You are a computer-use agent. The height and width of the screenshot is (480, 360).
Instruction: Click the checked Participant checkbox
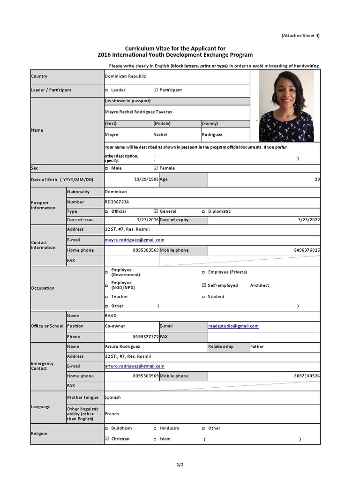[x=156, y=90]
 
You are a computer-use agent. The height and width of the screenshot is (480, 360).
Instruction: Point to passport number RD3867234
[x=117, y=202]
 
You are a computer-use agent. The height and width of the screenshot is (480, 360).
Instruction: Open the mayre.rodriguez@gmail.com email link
[x=135, y=240]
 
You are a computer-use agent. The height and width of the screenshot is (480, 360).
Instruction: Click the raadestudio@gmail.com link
[x=233, y=326]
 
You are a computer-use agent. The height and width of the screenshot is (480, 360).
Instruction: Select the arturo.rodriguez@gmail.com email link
[x=135, y=366]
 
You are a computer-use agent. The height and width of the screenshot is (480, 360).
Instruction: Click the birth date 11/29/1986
[x=146, y=180]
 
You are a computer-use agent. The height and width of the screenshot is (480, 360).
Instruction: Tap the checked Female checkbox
[x=156, y=168]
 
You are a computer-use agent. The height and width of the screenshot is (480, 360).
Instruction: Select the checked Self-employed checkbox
[x=203, y=285]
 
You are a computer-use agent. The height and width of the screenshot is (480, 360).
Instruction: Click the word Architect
[x=259, y=285]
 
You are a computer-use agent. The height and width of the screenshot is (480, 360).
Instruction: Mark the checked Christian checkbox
[x=107, y=439]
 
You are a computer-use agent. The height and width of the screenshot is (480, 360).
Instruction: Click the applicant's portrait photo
[x=286, y=106]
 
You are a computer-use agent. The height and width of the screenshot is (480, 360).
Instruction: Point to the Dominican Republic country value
[x=125, y=76]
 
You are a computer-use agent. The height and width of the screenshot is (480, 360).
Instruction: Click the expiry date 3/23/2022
[x=309, y=220]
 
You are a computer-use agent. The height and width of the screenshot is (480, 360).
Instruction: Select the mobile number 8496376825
[x=307, y=250]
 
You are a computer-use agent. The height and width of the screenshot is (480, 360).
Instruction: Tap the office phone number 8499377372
[x=146, y=337]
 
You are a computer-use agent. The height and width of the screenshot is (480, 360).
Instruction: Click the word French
[x=112, y=414]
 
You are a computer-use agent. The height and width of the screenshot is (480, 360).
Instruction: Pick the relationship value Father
[x=257, y=347]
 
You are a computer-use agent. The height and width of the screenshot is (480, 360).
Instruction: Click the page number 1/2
[x=180, y=465]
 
